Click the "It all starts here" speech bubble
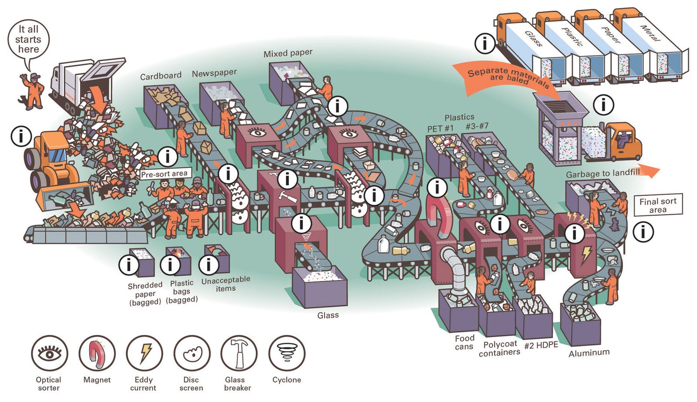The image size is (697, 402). tap(28, 40)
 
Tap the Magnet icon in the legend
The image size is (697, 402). tap(97, 353)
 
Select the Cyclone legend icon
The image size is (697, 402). tap(287, 353)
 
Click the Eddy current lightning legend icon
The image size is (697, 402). tap(144, 353)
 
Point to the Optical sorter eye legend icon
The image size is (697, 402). tap(50, 353)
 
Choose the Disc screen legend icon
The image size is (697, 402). tap(192, 353)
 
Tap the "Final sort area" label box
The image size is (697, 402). tap(658, 205)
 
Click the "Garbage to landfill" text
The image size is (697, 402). tap(603, 173)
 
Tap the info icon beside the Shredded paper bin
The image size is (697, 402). tap(129, 264)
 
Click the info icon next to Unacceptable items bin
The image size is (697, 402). tap(209, 264)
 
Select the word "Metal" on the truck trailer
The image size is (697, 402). tap(650, 33)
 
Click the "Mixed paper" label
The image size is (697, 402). tap(288, 54)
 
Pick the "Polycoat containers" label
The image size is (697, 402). tap(500, 348)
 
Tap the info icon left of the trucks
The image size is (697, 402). tap(484, 43)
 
